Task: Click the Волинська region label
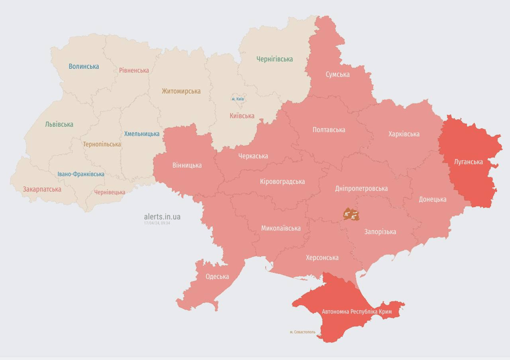[x=84, y=67]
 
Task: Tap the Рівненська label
[x=134, y=71]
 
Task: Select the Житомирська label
[x=181, y=91]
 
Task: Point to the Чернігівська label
[x=274, y=59]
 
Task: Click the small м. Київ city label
[x=237, y=99]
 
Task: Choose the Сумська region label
[x=337, y=75]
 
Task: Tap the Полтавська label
[x=328, y=130]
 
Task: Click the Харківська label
[x=403, y=134]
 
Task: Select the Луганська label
[x=468, y=162]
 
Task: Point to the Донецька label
[x=432, y=199]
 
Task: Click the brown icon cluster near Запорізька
[x=351, y=215]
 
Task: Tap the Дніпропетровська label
[x=361, y=188]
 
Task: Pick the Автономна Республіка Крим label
[x=357, y=312]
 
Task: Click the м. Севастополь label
[x=302, y=332]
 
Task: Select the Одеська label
[x=217, y=277]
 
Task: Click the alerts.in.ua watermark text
[x=162, y=217]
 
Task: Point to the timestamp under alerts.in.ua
[x=157, y=223]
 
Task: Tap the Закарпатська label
[x=42, y=189]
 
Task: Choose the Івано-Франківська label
[x=81, y=174]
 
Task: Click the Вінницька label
[x=187, y=165]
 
